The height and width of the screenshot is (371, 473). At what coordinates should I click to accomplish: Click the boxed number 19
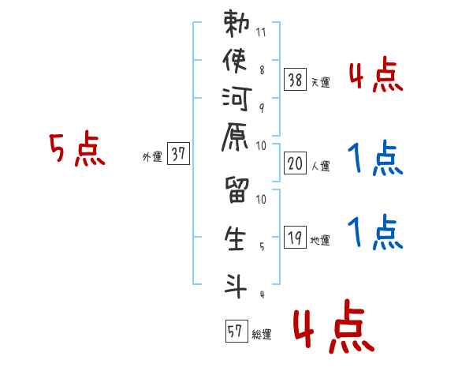pyautogui.click(x=295, y=236)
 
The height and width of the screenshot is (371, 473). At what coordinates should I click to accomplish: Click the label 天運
pyautogui.click(x=321, y=82)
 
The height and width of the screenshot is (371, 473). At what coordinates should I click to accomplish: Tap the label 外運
pyautogui.click(x=152, y=157)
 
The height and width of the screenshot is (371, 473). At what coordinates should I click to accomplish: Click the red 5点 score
pyautogui.click(x=76, y=150)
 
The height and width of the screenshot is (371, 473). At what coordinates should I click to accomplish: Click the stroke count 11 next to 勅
pyautogui.click(x=262, y=34)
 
